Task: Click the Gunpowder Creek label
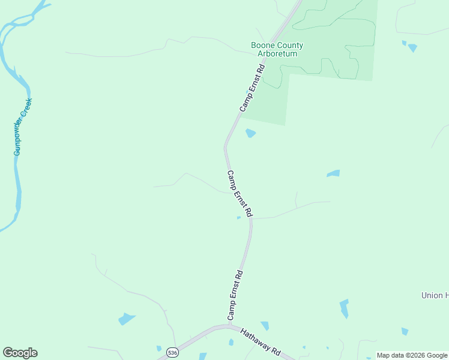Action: (23, 127)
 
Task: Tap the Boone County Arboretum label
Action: (277, 49)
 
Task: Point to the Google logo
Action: (20, 353)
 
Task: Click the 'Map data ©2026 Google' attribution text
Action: (412, 355)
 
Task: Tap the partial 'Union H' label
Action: (435, 295)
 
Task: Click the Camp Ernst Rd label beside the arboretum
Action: (252, 89)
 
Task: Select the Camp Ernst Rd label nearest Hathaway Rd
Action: (235, 295)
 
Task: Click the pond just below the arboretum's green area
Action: (250, 133)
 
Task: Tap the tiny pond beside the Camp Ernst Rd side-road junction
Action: (239, 218)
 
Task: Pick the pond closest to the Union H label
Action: (344, 308)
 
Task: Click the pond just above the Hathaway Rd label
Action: (265, 326)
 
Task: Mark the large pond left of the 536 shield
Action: (126, 319)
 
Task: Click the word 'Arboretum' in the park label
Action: (277, 53)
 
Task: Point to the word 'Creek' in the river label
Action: (26, 107)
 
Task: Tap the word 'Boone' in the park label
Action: (263, 45)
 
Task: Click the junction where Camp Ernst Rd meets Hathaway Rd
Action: (229, 326)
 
